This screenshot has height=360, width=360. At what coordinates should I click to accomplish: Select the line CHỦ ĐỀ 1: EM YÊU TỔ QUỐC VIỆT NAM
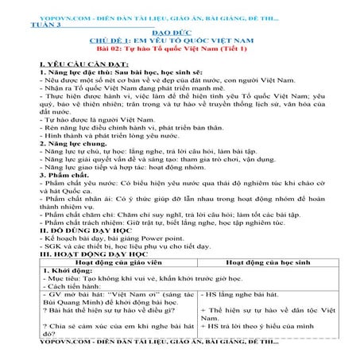(180, 42)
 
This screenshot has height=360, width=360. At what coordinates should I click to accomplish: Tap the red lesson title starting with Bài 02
(180, 50)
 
